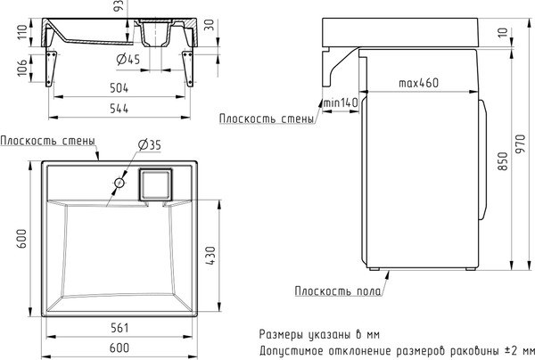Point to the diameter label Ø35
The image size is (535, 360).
point(148,146)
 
